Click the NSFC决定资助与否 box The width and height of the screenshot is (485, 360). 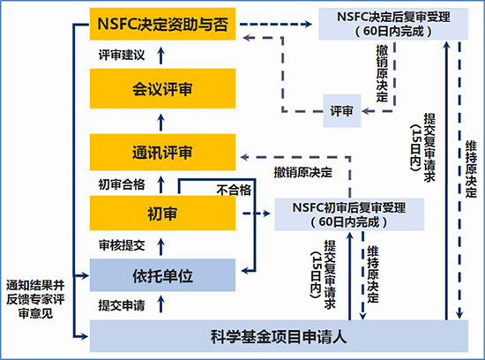tap(162, 24)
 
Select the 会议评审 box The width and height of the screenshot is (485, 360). tap(162, 88)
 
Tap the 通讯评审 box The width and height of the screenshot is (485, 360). tap(162, 152)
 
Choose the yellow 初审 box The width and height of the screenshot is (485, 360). tap(162, 213)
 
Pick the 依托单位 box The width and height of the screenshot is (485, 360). tap(162, 275)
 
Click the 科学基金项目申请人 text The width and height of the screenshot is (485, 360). tap(279, 336)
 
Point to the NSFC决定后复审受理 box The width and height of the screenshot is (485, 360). tap(393, 24)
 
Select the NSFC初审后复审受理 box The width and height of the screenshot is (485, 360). tap(349, 214)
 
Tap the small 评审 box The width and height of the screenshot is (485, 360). tap(342, 111)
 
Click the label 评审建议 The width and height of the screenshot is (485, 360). tap(122, 55)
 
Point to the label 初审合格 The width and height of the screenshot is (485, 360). tap(122, 184)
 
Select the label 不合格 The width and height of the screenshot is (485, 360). tap(234, 190)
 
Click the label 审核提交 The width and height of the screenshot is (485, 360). tap(122, 245)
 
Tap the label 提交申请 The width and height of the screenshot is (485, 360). tap(122, 305)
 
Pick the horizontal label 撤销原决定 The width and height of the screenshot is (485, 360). tap(302, 172)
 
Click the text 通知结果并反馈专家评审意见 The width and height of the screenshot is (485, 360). tap(35, 299)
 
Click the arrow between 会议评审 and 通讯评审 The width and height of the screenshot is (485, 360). tap(160, 123)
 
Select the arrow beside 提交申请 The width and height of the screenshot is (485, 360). tap(160, 304)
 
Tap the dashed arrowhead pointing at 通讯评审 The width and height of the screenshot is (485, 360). tap(244, 157)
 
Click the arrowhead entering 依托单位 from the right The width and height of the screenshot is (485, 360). tap(245, 271)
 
